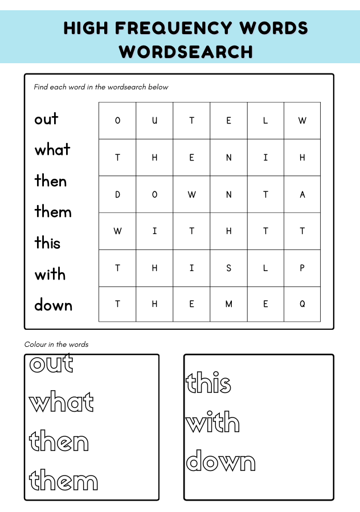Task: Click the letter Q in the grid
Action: tap(302, 304)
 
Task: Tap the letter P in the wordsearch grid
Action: tap(302, 268)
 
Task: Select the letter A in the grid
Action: tap(302, 194)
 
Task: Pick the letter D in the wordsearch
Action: tap(118, 194)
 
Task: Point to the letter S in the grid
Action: tap(228, 268)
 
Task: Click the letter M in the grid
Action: tap(228, 304)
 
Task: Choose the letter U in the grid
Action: tap(154, 121)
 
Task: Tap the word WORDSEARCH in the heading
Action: tap(186, 52)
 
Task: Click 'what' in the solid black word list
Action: tap(52, 150)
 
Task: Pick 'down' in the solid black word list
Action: tap(53, 305)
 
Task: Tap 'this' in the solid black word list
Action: tap(47, 243)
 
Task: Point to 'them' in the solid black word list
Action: tap(53, 212)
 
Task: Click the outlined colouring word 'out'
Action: tap(51, 363)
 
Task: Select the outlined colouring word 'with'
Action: tap(213, 423)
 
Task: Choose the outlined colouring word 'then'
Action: tap(59, 442)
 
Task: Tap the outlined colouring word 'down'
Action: tap(221, 462)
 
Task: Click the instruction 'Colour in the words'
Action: tap(56, 345)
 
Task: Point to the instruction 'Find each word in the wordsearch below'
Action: tap(101, 87)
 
